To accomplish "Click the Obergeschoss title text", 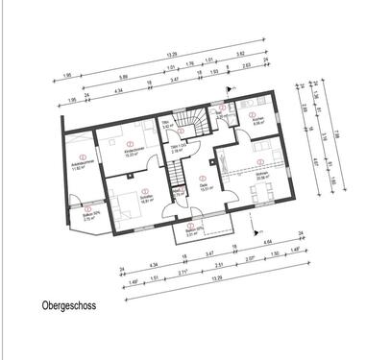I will coord(68,310).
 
